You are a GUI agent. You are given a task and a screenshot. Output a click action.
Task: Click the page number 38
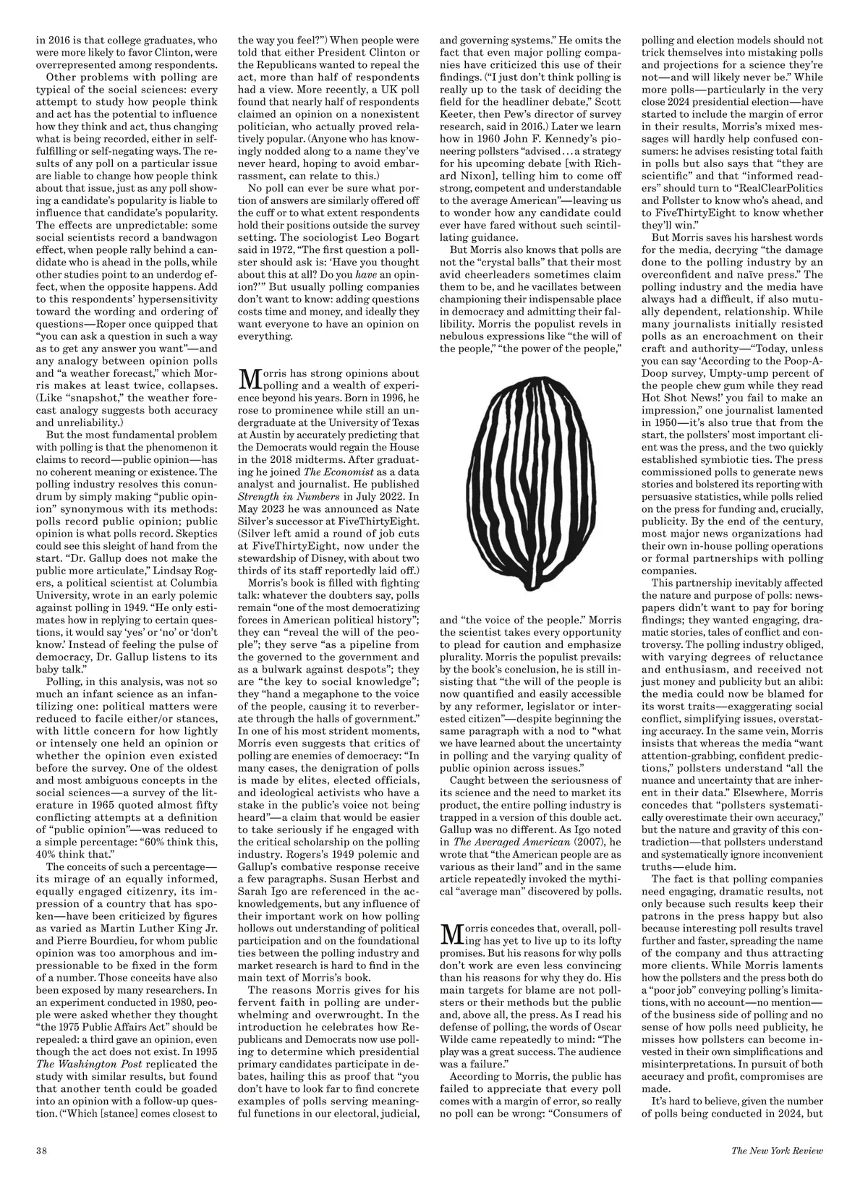(41, 1150)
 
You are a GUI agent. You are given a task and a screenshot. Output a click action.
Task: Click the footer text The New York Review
(777, 1150)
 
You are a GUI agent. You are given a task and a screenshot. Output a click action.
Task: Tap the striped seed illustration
(530, 488)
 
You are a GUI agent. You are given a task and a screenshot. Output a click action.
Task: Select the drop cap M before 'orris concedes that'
(450, 933)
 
